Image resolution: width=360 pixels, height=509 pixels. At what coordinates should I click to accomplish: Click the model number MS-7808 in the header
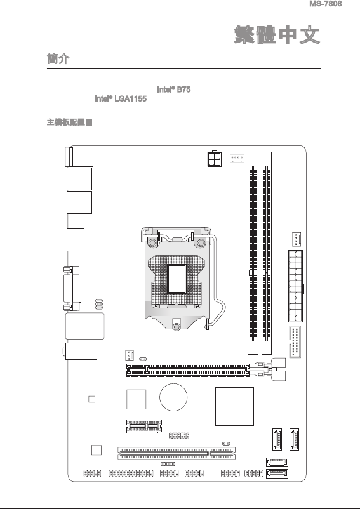pos(325,4)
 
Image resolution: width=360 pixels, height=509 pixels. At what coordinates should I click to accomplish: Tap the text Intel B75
pos(174,89)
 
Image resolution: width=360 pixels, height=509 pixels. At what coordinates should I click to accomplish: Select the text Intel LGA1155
pos(121,98)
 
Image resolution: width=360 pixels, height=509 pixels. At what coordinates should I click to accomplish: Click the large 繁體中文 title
pos(277,35)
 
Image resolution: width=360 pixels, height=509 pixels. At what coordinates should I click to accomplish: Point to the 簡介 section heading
pos(58,59)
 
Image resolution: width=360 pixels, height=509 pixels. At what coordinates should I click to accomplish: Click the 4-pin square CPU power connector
pos(215,159)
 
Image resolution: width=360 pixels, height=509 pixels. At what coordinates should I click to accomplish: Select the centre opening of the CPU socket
pos(177,279)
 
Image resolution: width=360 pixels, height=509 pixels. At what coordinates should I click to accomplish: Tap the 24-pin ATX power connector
pos(295,286)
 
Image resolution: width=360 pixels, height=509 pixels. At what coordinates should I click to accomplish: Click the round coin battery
pos(173,397)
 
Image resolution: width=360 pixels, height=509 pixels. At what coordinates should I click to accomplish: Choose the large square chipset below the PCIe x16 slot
pos(234,406)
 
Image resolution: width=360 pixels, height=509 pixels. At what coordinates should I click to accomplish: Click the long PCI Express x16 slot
pos(188,371)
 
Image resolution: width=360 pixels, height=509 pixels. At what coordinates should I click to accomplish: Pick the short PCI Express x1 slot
pos(143,426)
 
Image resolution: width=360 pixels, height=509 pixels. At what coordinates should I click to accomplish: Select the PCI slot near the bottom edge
pos(177,454)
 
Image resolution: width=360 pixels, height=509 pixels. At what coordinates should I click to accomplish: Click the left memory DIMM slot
pos(253,253)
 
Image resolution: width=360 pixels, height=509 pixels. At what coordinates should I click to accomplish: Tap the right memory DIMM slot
pos(267,253)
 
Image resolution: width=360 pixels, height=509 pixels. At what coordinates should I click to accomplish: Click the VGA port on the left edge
pos(72,288)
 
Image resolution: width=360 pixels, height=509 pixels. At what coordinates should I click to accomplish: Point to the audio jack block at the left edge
pos(80,351)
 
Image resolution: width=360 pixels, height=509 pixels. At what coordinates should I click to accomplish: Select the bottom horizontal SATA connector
pos(277,474)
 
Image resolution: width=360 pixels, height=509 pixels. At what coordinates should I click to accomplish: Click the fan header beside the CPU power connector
pos(237,158)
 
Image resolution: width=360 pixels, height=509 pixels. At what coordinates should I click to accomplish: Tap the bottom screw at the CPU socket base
pos(177,326)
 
